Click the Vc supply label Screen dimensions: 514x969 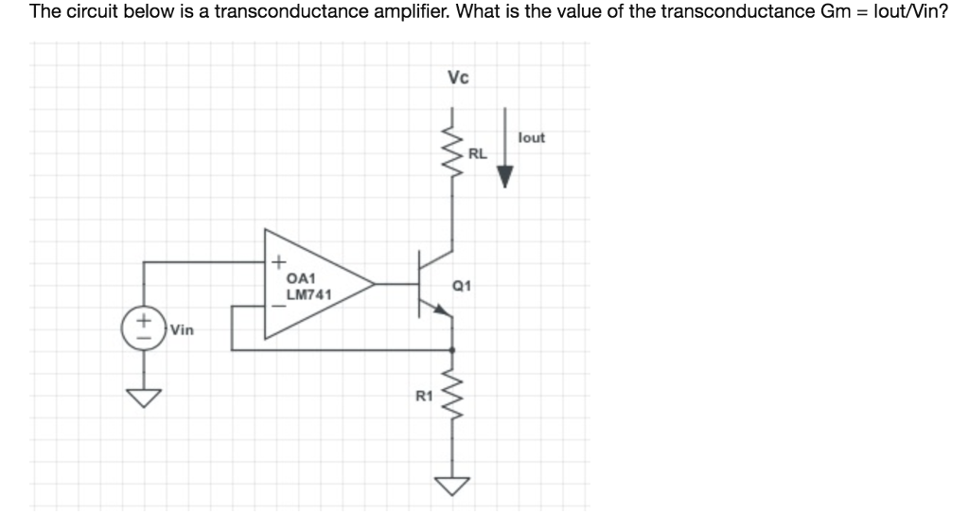[x=457, y=78]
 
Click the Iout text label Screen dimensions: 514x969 [x=532, y=138]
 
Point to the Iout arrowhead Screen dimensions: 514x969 [x=505, y=177]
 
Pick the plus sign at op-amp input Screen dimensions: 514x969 [x=278, y=261]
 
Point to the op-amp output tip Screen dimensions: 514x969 [x=373, y=283]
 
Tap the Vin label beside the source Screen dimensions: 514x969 [x=182, y=330]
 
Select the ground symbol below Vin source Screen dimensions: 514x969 [x=144, y=397]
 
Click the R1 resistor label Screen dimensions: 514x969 [x=424, y=398]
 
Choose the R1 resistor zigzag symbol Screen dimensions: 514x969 [x=451, y=394]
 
